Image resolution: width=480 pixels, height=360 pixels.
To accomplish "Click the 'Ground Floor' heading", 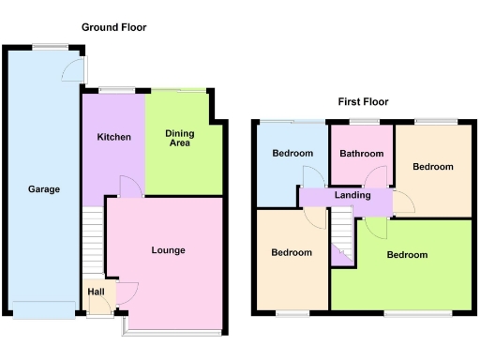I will click(x=113, y=28).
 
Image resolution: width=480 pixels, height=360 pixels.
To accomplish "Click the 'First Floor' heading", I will click(x=363, y=101).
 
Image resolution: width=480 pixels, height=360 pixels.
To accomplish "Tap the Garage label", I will click(x=43, y=189).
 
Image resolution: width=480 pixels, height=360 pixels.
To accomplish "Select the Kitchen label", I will click(x=113, y=137).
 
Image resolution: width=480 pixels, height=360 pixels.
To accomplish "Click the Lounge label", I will click(x=169, y=250).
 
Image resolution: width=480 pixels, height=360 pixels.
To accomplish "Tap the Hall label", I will click(x=96, y=292).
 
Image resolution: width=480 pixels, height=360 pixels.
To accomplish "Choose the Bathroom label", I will click(x=361, y=154).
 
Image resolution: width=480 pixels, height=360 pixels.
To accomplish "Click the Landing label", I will click(x=352, y=195).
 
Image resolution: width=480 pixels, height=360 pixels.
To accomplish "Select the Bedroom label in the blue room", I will click(x=292, y=154).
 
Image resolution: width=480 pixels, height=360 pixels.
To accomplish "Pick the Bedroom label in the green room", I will click(x=407, y=255).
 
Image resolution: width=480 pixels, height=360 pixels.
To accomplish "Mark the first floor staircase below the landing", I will click(x=342, y=237).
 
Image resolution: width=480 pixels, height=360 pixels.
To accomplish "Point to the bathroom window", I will click(x=361, y=122).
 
